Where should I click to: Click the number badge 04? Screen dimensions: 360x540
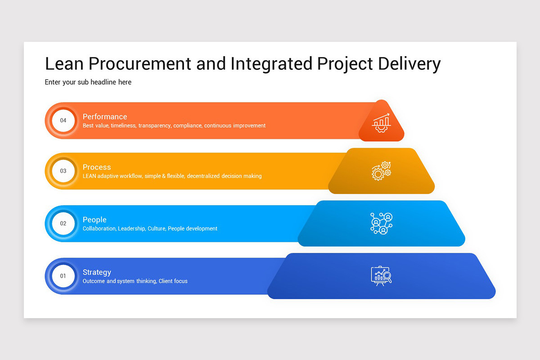point(63,121)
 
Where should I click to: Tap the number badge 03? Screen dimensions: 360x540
point(63,171)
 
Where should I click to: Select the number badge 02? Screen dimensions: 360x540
point(63,224)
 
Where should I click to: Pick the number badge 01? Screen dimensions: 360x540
point(63,276)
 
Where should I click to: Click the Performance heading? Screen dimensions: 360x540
point(105,117)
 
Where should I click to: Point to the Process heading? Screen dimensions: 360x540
point(97,167)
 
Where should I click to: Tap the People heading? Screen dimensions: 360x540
point(94,220)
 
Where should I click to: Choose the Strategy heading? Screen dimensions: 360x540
point(97,272)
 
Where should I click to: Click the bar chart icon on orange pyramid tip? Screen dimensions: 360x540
point(381,122)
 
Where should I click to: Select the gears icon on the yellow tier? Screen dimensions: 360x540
point(381,171)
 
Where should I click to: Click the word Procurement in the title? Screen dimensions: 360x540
point(140,64)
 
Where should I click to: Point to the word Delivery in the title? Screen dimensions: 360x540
point(409,64)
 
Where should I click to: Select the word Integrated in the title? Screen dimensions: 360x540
point(271,64)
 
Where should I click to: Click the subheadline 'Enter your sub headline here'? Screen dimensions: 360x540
point(88,82)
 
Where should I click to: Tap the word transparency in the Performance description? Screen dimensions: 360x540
point(154,126)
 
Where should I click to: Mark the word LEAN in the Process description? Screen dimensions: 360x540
point(90,176)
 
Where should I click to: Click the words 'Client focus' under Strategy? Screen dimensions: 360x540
point(173,281)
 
